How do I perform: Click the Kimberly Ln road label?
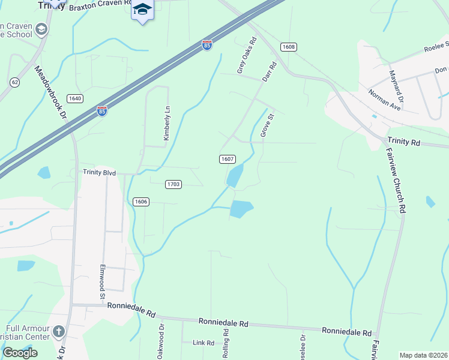tap(167, 124)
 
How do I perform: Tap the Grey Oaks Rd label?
tap(247, 56)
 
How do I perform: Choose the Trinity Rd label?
tap(404, 142)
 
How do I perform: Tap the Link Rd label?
tap(203, 343)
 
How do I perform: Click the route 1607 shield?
tap(227, 159)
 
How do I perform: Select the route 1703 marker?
tap(173, 184)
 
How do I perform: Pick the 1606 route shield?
tap(140, 202)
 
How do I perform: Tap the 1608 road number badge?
tap(288, 46)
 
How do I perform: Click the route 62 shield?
tap(15, 82)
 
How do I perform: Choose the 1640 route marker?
tap(75, 98)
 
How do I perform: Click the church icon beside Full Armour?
tap(58, 331)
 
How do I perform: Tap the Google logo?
tap(20, 353)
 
